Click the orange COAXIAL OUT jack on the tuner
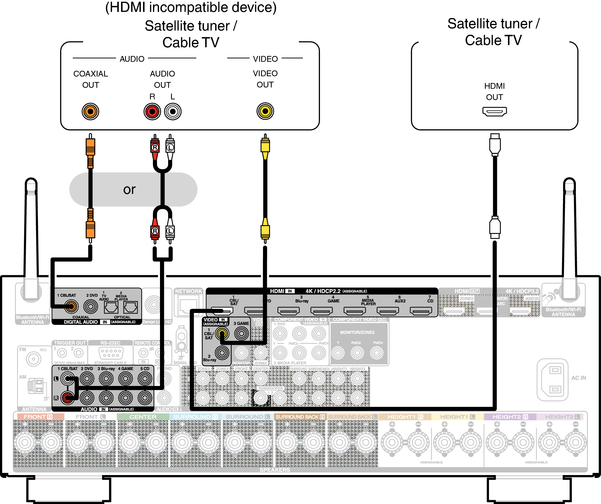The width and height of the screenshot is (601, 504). coord(90,112)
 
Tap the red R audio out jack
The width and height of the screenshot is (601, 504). coord(152,112)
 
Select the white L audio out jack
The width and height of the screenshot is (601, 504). coord(173,112)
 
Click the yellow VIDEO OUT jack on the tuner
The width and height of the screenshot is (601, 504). coord(265,111)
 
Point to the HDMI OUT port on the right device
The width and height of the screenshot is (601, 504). coord(494,111)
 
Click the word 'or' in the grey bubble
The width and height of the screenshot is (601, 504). coord(129,189)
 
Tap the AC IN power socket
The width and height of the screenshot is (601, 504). coord(552,380)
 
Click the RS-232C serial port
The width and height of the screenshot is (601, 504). coord(110,353)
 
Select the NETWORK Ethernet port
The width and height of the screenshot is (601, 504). coord(188,306)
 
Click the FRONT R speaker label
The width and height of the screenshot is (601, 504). coord(38,417)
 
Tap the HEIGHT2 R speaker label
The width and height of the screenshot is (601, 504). coord(510,417)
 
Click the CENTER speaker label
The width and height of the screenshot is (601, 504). coord(143,417)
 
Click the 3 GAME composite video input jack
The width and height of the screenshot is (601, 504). coord(241,334)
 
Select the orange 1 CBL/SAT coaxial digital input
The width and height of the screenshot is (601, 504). coord(71,307)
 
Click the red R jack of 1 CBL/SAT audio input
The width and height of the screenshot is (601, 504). coord(67,398)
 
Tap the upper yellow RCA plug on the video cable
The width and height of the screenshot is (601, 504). coord(265,146)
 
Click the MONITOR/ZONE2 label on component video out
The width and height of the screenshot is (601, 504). coord(357,332)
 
